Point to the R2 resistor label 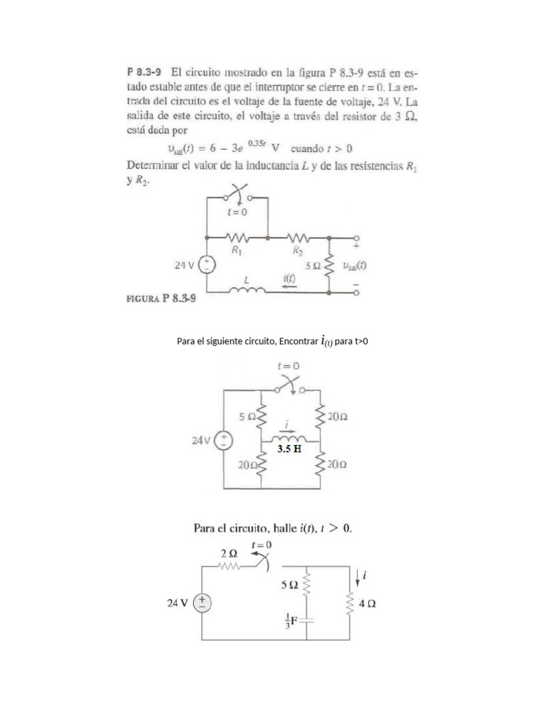(297, 251)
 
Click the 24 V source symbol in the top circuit (207, 266)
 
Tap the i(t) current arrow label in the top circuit (289, 280)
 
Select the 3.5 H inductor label (288, 449)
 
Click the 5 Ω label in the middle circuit (246, 417)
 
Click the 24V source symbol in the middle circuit (224, 440)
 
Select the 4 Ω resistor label (368, 604)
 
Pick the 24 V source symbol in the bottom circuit (202, 603)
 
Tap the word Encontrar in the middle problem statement (298, 342)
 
